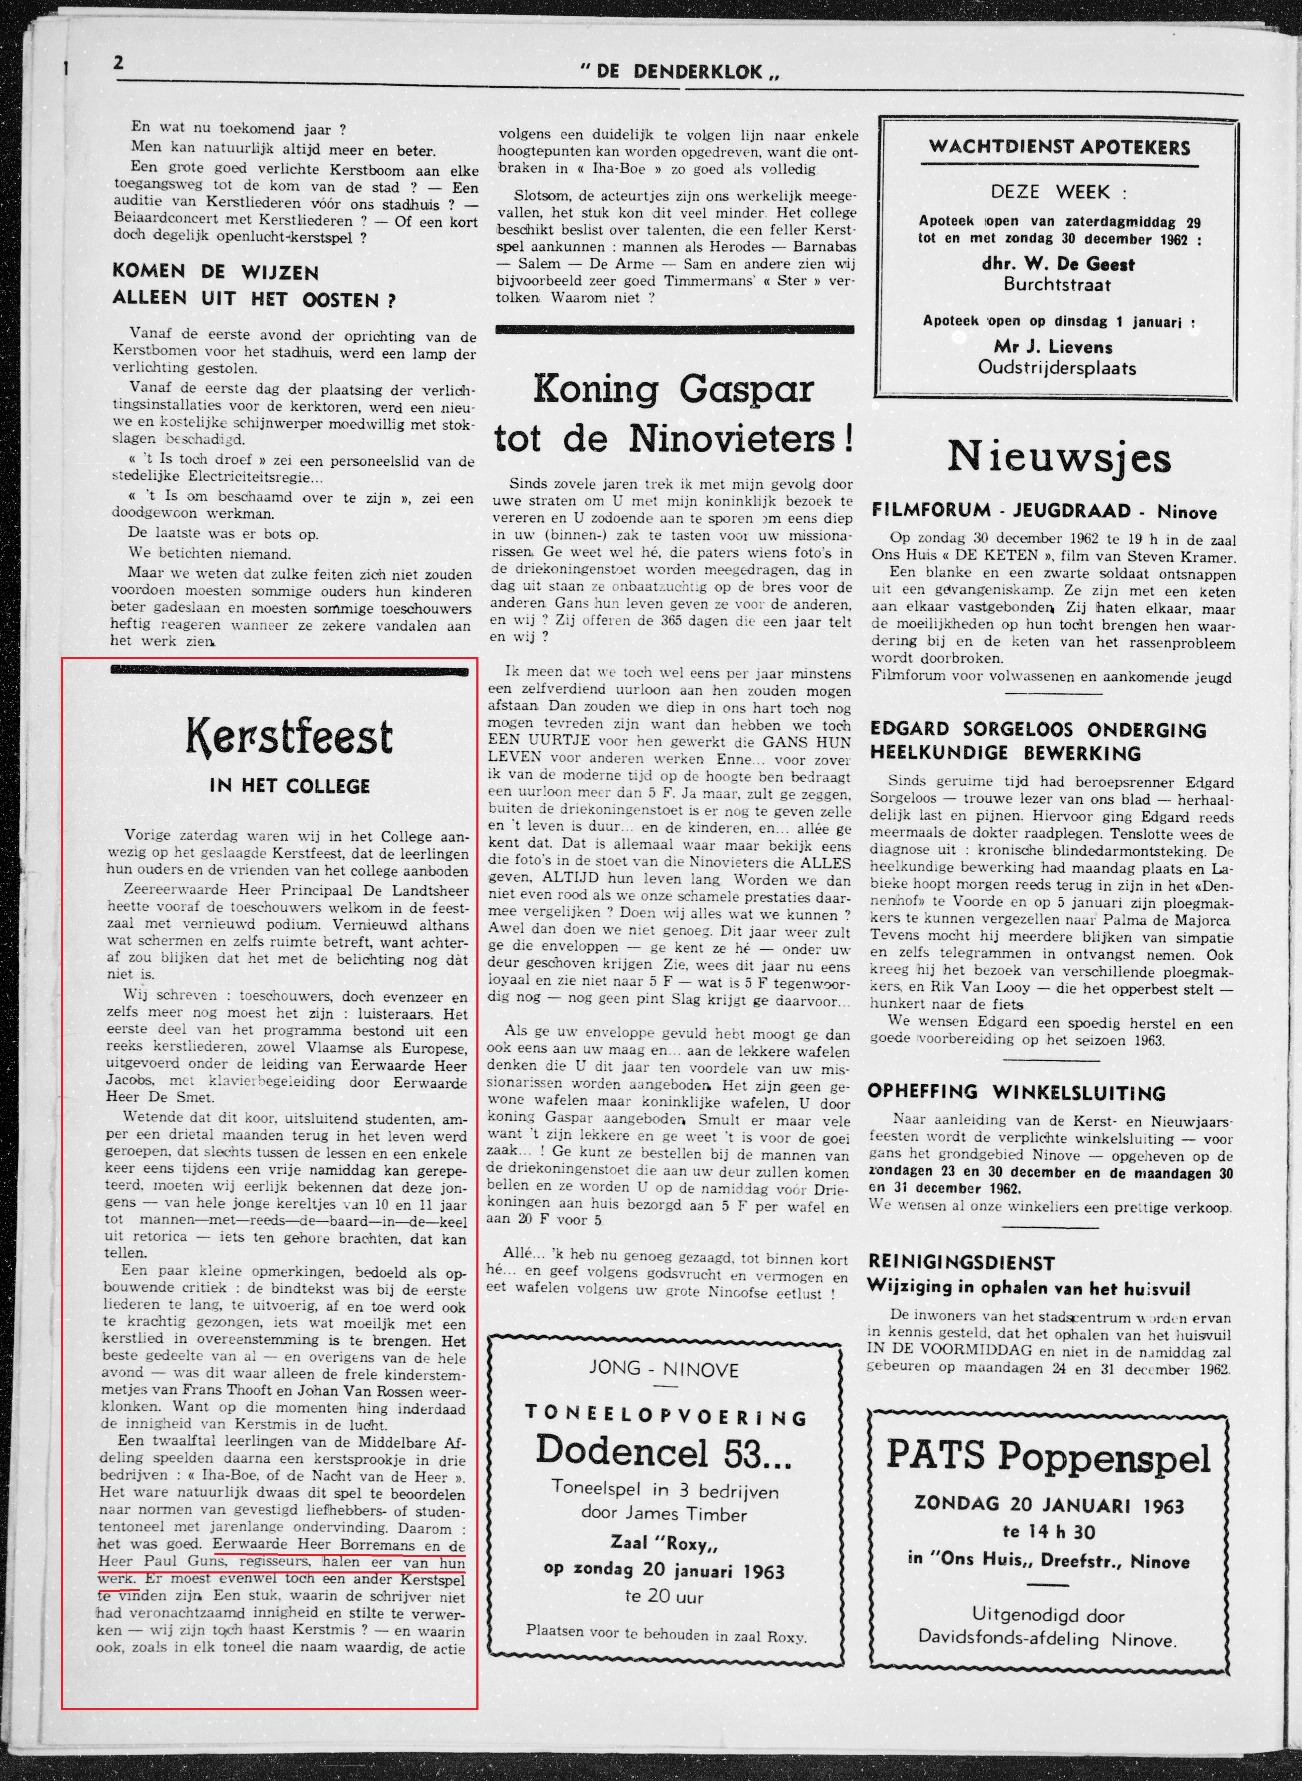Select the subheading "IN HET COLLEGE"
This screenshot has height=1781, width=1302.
289,786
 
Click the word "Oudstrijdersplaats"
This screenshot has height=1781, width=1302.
1057,367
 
